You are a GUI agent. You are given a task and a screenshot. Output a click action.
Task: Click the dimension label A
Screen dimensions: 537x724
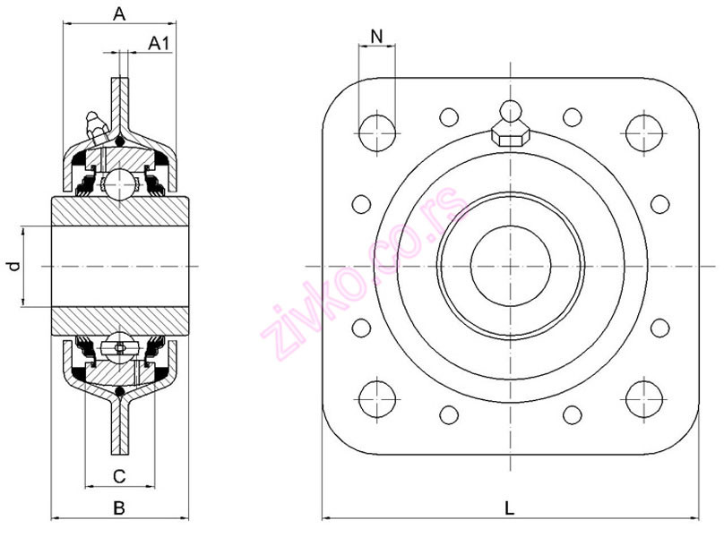click(x=119, y=13)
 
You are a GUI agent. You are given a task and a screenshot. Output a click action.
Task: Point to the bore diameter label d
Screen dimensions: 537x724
click(x=12, y=267)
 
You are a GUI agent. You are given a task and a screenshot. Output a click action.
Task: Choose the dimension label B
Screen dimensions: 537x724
click(x=118, y=507)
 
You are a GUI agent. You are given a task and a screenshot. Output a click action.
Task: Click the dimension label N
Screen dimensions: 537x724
click(x=376, y=36)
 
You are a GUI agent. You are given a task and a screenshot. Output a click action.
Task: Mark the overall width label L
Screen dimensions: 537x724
click(x=509, y=507)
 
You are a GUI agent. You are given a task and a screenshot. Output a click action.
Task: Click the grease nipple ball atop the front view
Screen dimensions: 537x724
click(x=510, y=111)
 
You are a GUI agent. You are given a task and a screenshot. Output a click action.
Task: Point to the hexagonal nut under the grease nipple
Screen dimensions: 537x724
click(x=510, y=135)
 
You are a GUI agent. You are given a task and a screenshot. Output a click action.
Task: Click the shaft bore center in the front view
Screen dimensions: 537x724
click(x=510, y=266)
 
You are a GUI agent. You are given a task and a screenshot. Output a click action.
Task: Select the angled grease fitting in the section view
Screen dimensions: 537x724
click(x=94, y=125)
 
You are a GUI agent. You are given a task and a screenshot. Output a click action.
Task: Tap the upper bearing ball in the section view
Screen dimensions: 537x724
click(x=118, y=186)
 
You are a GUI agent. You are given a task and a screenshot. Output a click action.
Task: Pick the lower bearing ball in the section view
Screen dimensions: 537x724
click(x=118, y=347)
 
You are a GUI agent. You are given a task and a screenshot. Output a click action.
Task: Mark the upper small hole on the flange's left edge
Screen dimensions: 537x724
click(x=361, y=204)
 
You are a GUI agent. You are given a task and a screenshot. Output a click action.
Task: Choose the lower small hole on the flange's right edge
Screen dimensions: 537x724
click(x=659, y=328)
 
